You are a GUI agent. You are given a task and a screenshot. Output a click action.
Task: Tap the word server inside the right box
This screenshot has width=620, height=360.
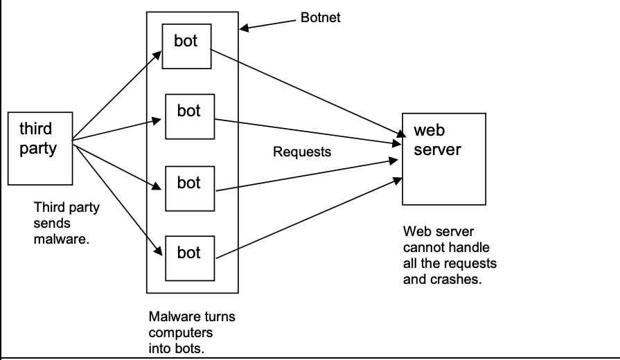(436, 149)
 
